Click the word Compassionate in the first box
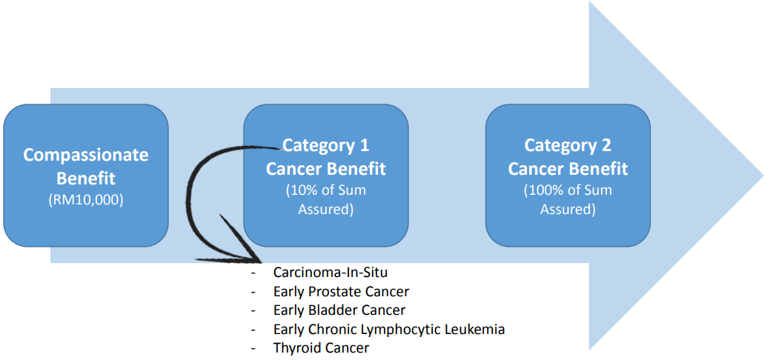pos(86,156)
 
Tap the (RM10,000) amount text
pos(86,200)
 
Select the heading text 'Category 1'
pos(325,145)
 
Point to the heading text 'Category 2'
pos(568,145)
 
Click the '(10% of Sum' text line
pos(326,190)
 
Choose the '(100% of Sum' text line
pos(568,190)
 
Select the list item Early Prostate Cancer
pos(342,291)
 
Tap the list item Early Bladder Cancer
pos(339,310)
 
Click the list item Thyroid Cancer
pos(321,349)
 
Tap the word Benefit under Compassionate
pos(86,178)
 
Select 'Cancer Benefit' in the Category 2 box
pos(568,169)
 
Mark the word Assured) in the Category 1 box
pos(326,209)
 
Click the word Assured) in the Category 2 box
pos(568,209)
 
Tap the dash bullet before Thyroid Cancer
pos(253,350)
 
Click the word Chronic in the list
pos(337,330)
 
